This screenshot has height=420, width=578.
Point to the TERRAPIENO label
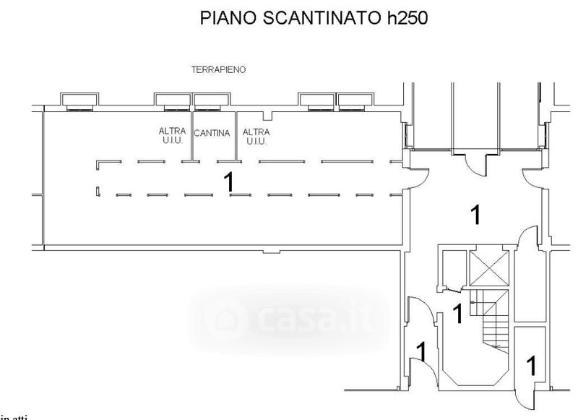(x=218, y=70)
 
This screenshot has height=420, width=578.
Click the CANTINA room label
(x=212, y=133)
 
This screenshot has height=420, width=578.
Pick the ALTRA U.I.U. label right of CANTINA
(x=256, y=136)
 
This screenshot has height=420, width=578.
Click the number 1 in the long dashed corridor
(x=230, y=181)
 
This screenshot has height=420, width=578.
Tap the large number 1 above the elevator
(x=475, y=215)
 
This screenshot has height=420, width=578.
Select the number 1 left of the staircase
(x=457, y=314)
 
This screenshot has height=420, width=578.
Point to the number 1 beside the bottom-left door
(x=420, y=352)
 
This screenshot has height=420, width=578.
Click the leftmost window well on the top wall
(x=75, y=101)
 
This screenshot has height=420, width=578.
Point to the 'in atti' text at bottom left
(x=10, y=416)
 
